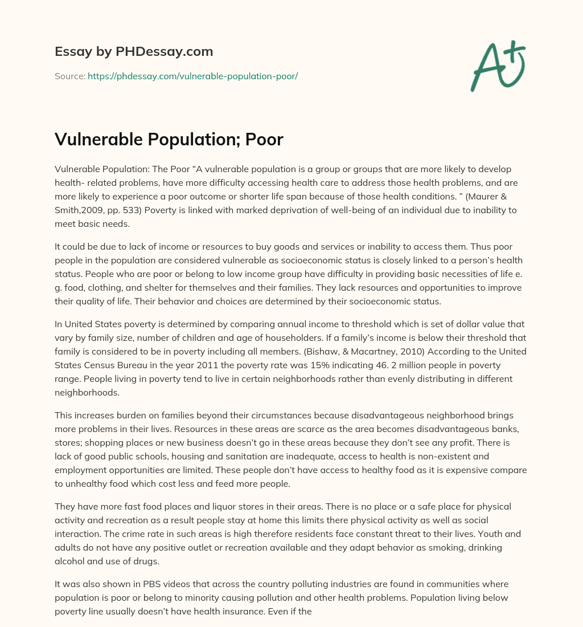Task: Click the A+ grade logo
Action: click(498, 66)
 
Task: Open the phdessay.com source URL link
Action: click(192, 76)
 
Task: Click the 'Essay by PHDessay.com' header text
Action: click(134, 51)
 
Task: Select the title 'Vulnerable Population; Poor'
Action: click(169, 140)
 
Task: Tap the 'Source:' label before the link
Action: click(70, 76)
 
